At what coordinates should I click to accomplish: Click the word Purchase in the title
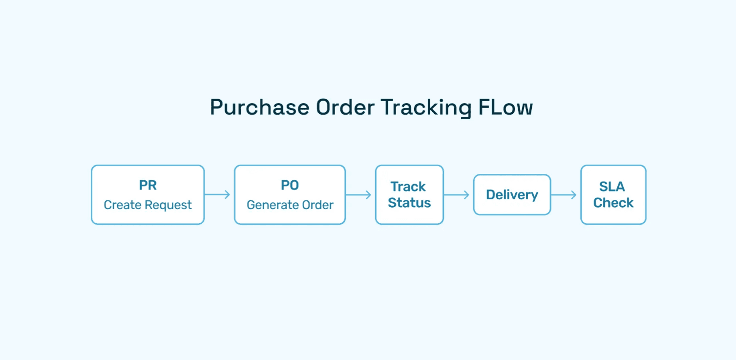click(x=259, y=108)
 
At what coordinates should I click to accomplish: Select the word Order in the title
click(x=345, y=108)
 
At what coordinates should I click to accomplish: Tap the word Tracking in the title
click(x=426, y=108)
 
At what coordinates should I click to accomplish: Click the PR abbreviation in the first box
click(x=147, y=186)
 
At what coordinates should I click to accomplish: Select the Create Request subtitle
click(x=147, y=205)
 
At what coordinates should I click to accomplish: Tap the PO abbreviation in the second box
click(x=290, y=186)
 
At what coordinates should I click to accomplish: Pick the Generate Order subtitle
click(x=290, y=205)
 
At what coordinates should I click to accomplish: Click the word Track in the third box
click(x=408, y=187)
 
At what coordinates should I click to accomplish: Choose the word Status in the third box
click(x=409, y=203)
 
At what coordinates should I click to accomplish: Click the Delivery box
click(x=512, y=195)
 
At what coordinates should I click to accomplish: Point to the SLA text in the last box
click(x=612, y=187)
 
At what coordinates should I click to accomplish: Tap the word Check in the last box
click(x=613, y=203)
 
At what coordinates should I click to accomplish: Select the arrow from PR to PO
click(x=217, y=194)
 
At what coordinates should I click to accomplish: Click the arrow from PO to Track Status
click(x=359, y=195)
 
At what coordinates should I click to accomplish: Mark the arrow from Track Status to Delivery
click(x=457, y=195)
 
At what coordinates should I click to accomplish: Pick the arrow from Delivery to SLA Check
click(x=564, y=195)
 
